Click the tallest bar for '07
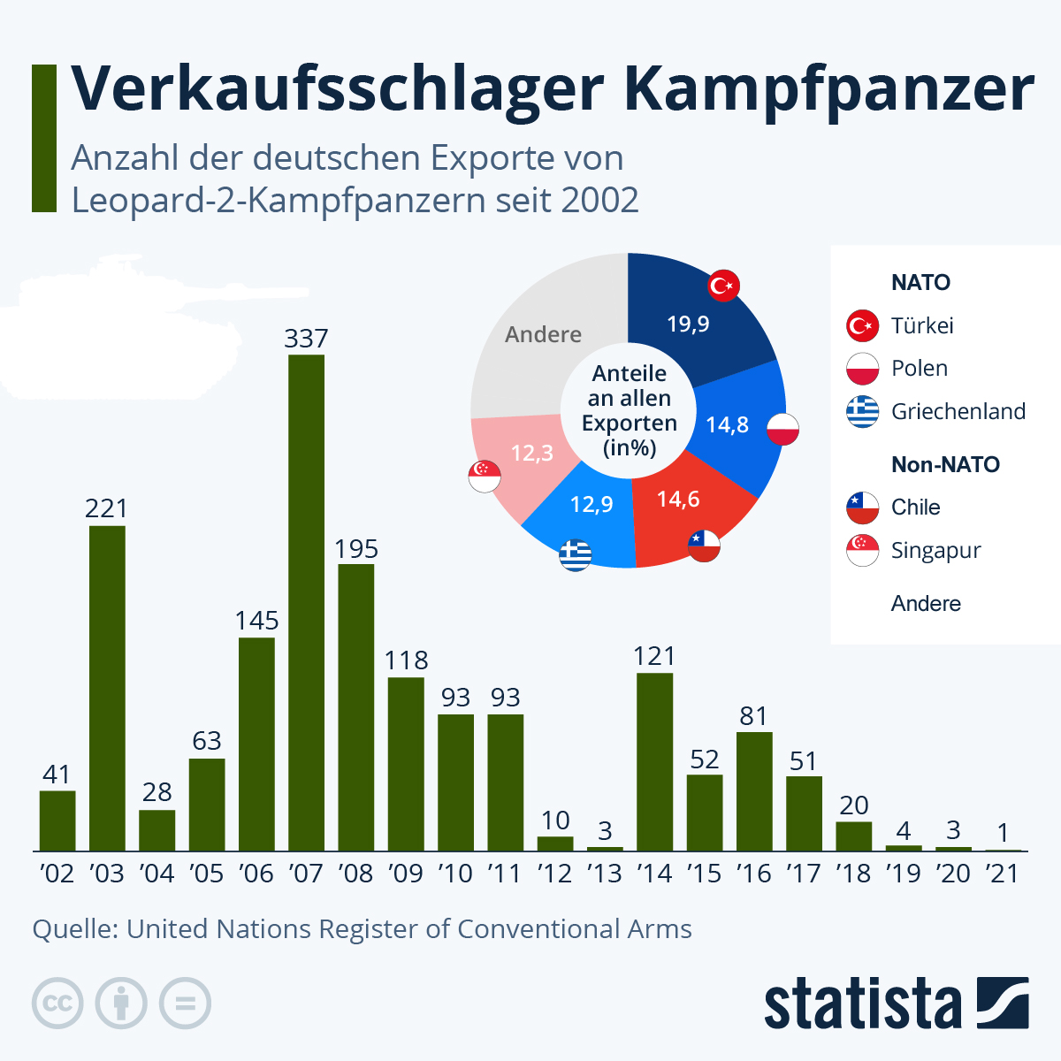click(x=306, y=601)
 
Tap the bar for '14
click(x=654, y=761)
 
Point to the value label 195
click(x=356, y=549)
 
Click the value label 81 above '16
click(x=753, y=716)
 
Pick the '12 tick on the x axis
click(x=554, y=874)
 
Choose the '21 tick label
click(x=1003, y=874)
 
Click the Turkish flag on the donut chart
click(x=723, y=286)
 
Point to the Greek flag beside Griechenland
click(x=862, y=411)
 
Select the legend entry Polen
click(x=920, y=369)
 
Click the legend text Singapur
click(x=935, y=550)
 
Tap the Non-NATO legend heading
click(x=945, y=465)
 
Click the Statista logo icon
click(x=1003, y=1003)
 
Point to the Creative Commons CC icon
click(x=57, y=1004)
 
